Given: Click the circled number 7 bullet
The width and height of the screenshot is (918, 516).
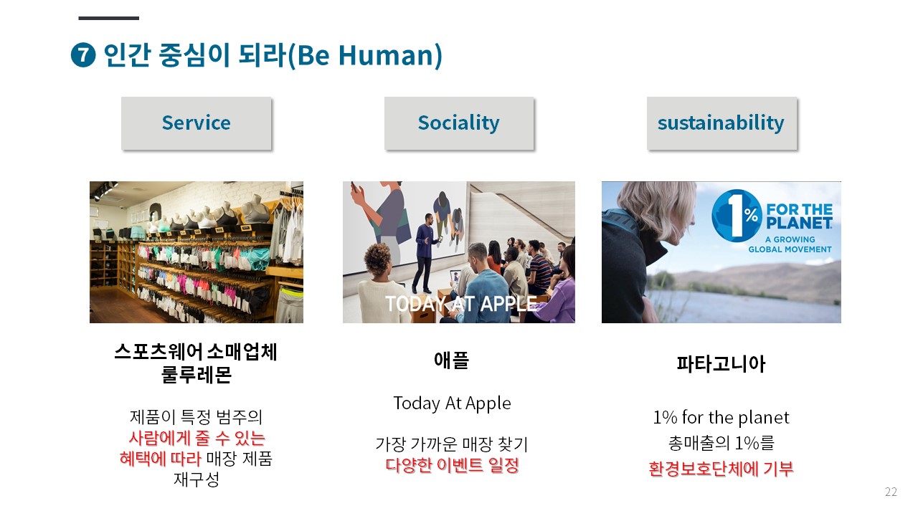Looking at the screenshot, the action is [83, 54].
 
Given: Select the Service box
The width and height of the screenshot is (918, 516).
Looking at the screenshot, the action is [196, 123].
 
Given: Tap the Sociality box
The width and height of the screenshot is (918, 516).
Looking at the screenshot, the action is [458, 123].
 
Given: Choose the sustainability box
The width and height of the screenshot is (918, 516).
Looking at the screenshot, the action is [721, 123].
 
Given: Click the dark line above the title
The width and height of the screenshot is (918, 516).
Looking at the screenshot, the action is [108, 18].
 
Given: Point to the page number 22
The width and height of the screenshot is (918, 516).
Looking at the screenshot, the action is [891, 492].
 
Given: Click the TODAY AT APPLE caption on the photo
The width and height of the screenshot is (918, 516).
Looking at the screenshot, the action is [460, 304].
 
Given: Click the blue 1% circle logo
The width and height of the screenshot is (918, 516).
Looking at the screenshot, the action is [736, 216].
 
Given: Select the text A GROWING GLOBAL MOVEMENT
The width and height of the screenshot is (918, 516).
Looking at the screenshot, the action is [790, 244].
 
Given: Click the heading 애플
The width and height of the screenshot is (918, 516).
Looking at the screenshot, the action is [451, 360].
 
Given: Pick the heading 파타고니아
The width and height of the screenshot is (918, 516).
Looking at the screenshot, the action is [721, 363].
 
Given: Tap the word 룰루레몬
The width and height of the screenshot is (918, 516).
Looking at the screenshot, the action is [197, 374].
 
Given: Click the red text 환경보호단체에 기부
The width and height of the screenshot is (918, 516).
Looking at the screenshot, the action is [721, 469].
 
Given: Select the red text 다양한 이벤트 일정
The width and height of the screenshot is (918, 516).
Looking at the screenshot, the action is [452, 465].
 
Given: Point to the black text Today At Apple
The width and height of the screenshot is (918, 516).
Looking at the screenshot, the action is [452, 403].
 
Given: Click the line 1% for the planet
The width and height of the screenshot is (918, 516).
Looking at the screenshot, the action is [721, 418].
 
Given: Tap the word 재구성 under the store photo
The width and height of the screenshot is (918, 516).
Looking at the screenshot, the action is [197, 479].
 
